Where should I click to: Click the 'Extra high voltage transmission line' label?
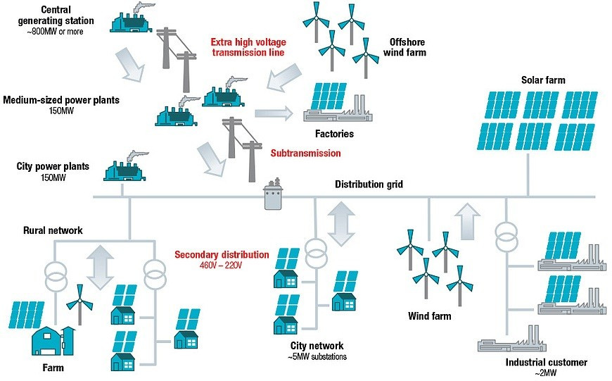248,46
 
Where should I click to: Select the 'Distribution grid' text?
369,185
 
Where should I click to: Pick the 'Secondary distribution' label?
222,254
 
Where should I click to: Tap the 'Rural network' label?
53,230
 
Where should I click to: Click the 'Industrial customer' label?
546,362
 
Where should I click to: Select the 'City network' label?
317,346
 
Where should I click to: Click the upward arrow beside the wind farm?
465,220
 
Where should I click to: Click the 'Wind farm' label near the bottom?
429,316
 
